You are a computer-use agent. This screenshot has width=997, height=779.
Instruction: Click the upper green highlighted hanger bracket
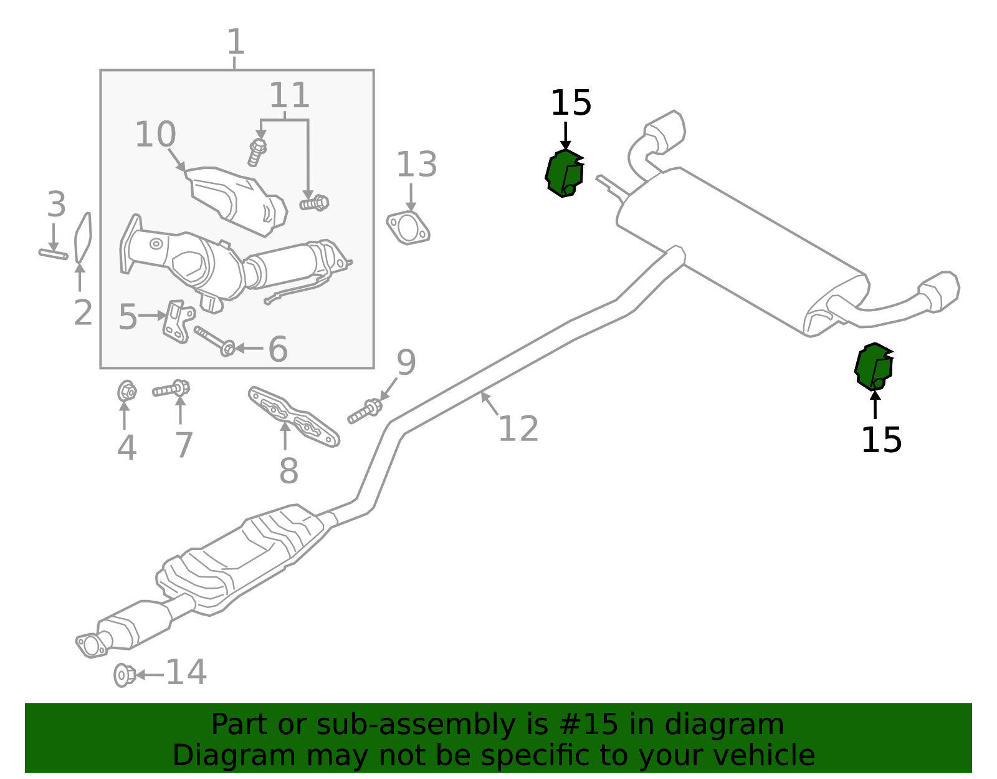[x=565, y=174]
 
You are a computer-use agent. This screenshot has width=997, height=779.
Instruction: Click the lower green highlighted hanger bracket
[x=874, y=367]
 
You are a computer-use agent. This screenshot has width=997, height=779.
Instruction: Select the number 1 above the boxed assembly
[x=236, y=43]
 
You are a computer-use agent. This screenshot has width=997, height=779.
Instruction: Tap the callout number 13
[x=416, y=165]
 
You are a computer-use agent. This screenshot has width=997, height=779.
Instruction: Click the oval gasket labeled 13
[x=408, y=228]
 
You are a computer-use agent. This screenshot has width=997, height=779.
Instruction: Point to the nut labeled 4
[x=127, y=392]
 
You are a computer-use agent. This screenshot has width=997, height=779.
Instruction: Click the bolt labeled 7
[x=171, y=390]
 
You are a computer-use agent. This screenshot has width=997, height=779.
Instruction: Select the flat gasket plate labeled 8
[x=293, y=417]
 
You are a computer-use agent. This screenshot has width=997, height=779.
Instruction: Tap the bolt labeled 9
[x=365, y=412]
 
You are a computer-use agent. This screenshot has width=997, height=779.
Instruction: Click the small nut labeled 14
[x=124, y=675]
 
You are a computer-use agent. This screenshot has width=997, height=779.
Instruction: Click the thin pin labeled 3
[x=53, y=253]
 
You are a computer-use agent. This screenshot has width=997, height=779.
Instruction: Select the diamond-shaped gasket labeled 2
[x=83, y=237]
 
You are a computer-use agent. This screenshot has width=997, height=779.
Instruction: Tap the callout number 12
[x=518, y=429]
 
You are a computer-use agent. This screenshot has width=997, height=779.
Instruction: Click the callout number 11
[x=289, y=95]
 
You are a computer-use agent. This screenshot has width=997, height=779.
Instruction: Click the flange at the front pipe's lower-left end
[x=91, y=645]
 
